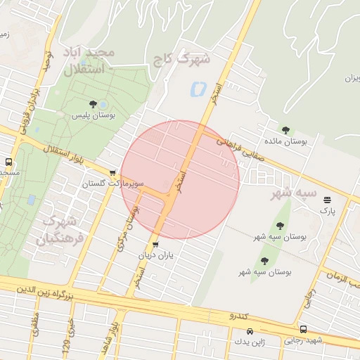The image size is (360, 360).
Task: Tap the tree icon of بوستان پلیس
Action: (93, 105)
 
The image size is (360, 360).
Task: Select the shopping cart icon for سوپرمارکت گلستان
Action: (112, 172)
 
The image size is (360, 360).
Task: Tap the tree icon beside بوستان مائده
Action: (285, 129)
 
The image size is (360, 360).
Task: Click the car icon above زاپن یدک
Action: (250, 331)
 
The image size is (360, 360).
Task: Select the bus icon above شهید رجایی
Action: (303, 329)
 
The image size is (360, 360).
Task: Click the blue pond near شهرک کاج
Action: (197, 90)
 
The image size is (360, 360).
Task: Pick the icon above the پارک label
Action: (327, 200)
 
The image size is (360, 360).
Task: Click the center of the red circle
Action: (180, 180)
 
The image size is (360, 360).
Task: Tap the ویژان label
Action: (349, 78)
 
